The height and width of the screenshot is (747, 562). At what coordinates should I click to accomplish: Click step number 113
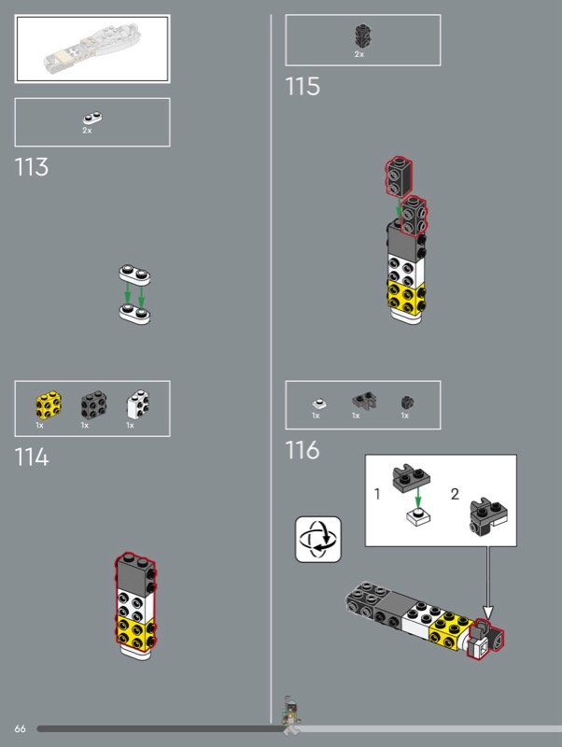point(32,167)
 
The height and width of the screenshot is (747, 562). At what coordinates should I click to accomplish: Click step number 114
point(32,458)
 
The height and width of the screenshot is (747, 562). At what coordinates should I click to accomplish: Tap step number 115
point(302,87)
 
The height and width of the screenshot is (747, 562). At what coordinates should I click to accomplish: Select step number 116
point(302,450)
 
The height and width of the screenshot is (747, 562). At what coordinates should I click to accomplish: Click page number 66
point(20,728)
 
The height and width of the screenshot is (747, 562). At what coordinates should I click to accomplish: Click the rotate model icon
point(318,540)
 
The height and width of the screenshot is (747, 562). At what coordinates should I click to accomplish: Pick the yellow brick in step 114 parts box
point(49,405)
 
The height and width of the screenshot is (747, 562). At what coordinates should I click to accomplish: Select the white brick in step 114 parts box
point(138,404)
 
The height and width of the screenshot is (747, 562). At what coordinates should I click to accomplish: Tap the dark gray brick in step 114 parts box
point(93,405)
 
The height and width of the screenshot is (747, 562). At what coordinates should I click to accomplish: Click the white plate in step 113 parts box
point(92,119)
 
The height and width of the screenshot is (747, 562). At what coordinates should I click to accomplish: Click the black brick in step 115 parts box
point(362,36)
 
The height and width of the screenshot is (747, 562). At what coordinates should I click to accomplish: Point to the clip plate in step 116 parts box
point(364,402)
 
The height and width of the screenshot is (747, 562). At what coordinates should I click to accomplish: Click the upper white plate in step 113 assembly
point(134,275)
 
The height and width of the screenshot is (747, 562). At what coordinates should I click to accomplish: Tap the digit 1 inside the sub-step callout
point(377,494)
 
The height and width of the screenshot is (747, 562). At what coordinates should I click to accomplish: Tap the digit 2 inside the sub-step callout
point(455,494)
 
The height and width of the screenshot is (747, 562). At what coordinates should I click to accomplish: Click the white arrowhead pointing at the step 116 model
point(487,613)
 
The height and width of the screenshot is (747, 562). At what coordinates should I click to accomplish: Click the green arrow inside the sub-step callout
point(417,498)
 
